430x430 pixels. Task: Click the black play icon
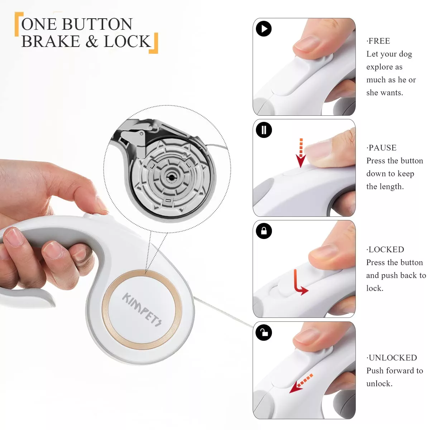coord(263,29)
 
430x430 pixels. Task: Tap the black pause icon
coord(264,130)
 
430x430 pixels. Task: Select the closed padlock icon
coord(264,231)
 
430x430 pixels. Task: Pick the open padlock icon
coord(264,333)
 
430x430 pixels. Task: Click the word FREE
coord(379,41)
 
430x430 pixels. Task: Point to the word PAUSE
coord(382,148)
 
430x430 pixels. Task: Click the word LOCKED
coord(386,249)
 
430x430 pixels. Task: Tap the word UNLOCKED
coord(393,358)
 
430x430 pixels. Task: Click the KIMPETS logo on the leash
coord(142,310)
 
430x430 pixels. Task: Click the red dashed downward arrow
coord(301,153)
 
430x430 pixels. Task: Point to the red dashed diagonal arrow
coord(301,384)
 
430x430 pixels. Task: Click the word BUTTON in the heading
coord(97,24)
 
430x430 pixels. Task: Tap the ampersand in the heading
coord(92,41)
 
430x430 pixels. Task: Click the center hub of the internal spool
coord(171,177)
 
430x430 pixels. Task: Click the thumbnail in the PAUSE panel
coord(304,168)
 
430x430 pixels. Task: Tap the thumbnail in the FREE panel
coord(304,67)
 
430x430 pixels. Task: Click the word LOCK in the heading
coord(128,41)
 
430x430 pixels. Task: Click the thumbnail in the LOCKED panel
coord(304,269)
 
